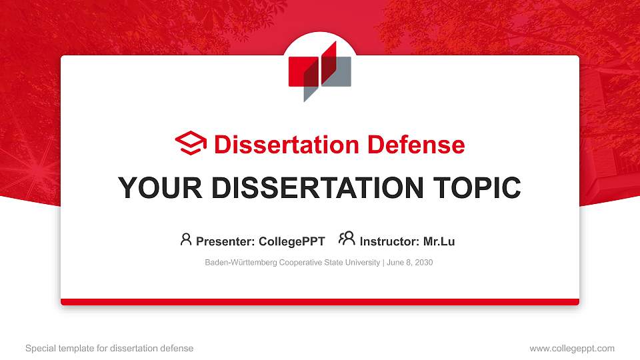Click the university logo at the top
click(x=319, y=71)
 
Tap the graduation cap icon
click(x=191, y=144)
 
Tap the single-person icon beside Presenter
click(x=186, y=239)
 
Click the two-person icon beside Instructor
click(x=347, y=239)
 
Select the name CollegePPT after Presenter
click(x=292, y=241)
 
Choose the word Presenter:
click(x=225, y=241)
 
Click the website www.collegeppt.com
click(x=571, y=348)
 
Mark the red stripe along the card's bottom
click(x=320, y=302)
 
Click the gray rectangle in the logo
click(x=340, y=72)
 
